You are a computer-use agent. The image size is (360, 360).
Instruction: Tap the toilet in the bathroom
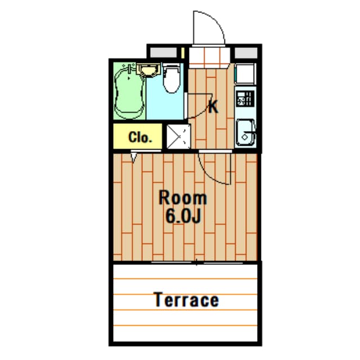171,78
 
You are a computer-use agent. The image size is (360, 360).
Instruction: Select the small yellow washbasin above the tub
148,70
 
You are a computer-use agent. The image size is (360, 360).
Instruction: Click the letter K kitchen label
213,107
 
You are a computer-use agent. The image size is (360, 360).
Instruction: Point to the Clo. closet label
140,137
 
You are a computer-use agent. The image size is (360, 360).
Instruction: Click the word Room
183,198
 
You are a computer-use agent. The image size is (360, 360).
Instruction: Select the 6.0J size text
183,216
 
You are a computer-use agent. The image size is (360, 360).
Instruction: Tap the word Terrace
186,300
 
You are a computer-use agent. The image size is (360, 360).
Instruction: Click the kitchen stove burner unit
245,99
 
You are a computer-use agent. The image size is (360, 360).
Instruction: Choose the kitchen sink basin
246,133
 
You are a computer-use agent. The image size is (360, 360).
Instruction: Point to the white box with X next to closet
178,137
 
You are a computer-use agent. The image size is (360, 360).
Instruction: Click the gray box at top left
163,53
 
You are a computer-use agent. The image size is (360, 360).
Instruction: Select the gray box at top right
246,53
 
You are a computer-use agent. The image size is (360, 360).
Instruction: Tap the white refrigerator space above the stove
245,74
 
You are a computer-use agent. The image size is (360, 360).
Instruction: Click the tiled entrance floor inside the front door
209,56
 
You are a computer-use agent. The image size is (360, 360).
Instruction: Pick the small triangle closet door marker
134,157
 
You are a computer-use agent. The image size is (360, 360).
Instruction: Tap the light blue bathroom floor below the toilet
165,106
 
